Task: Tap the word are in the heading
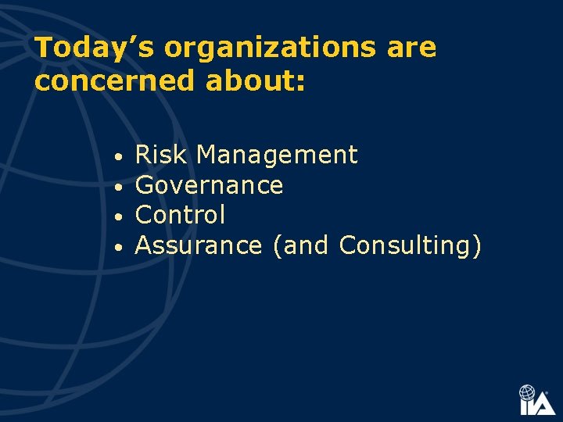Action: [x=411, y=48]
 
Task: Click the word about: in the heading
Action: [x=256, y=80]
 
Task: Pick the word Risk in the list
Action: [x=161, y=156]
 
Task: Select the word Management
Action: [x=277, y=156]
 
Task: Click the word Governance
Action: [x=209, y=186]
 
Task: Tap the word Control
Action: [x=180, y=215]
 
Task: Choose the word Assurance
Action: [x=199, y=245]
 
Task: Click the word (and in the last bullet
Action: [x=300, y=245]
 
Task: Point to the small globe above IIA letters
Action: [x=528, y=392]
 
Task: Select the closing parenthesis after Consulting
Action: [x=477, y=246]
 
